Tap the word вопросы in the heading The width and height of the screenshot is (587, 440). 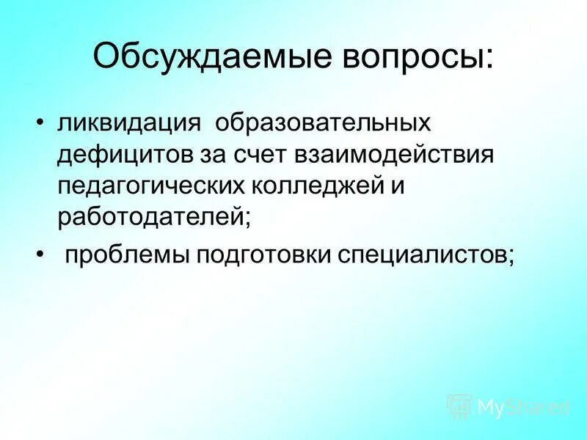point(415,58)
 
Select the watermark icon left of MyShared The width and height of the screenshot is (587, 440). point(459,406)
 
